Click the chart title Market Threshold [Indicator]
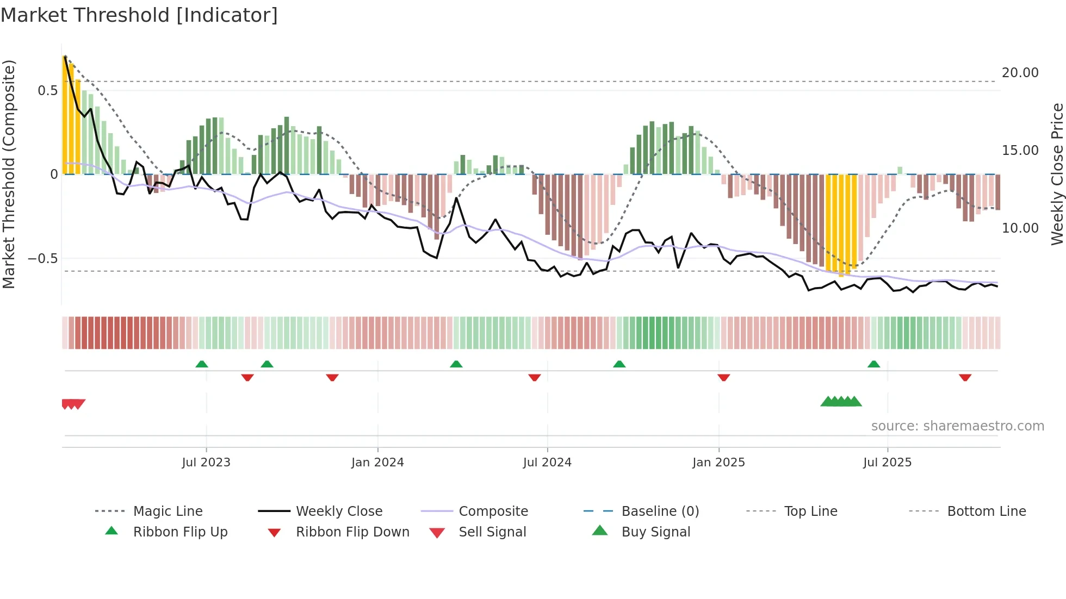(x=139, y=15)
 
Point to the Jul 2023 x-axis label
(x=206, y=463)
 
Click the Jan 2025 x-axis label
(x=718, y=463)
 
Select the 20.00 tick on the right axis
(x=1020, y=73)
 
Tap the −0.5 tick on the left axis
(x=43, y=259)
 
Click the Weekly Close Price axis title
(x=1057, y=174)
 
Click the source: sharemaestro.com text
(x=957, y=426)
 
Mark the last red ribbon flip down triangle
(x=965, y=377)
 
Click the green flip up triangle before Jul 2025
(x=873, y=364)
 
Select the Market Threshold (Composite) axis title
(x=9, y=174)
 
